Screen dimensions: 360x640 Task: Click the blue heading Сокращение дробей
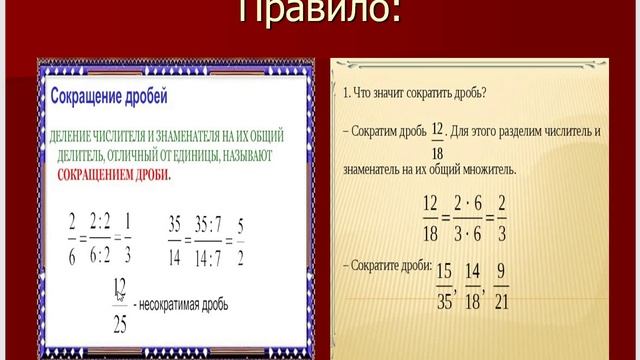coord(109,98)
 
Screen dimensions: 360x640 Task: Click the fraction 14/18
coord(476,284)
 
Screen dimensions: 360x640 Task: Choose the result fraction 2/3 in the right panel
coord(501,219)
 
